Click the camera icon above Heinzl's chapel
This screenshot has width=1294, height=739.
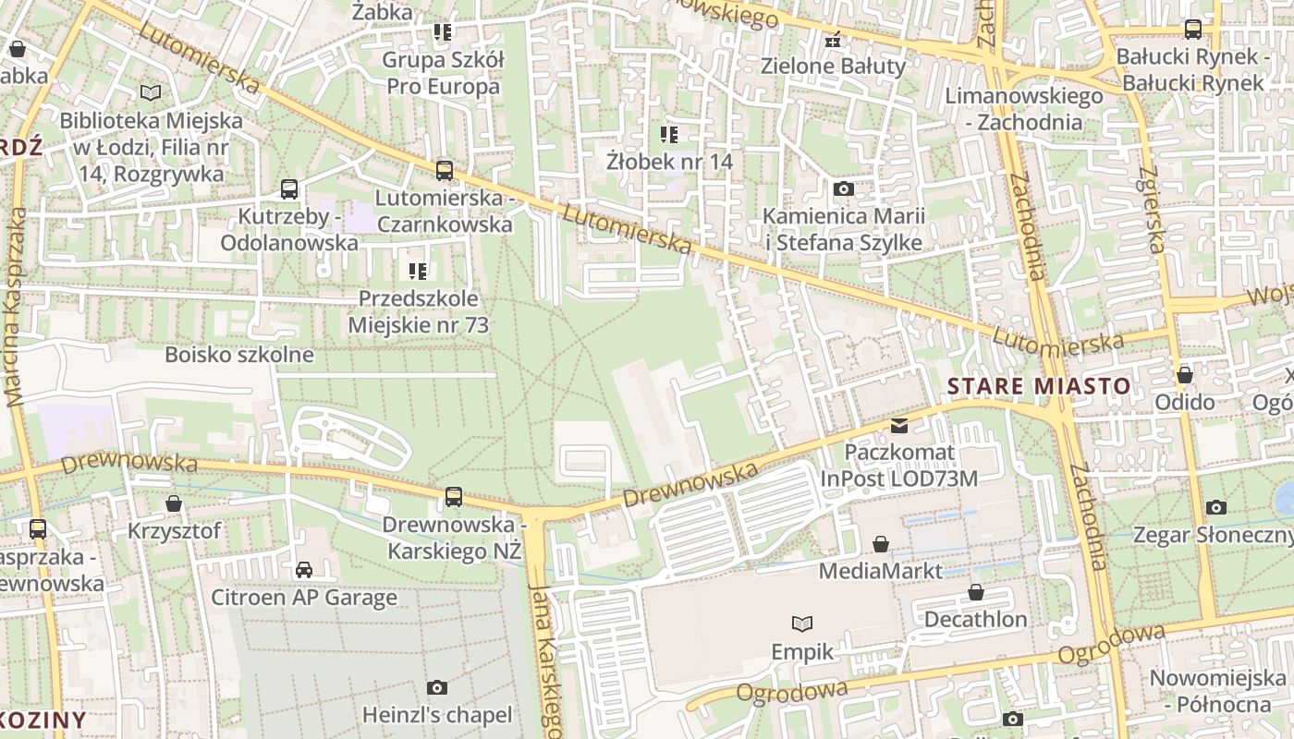click(x=437, y=687)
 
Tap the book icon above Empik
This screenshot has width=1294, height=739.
click(x=802, y=624)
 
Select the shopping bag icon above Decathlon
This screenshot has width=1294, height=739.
click(x=976, y=592)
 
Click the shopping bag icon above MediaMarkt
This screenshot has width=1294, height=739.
click(x=881, y=544)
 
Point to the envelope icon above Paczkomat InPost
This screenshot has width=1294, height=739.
click(x=898, y=426)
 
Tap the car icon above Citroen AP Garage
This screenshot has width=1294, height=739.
click(x=304, y=570)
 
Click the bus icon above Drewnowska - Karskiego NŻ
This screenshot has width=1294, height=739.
click(x=454, y=497)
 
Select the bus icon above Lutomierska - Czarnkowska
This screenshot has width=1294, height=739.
click(x=445, y=171)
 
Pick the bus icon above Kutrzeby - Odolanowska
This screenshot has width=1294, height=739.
click(x=289, y=189)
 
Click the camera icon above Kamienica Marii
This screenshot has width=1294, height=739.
click(x=843, y=189)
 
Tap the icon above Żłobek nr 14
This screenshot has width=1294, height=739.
click(x=669, y=135)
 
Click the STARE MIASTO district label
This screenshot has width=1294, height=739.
click(x=1040, y=386)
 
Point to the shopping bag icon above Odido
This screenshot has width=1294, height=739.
click(x=1184, y=375)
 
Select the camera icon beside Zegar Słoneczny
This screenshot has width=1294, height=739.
click(x=1216, y=507)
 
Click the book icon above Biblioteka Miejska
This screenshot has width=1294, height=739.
click(x=150, y=92)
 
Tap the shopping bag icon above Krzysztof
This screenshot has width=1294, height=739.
click(x=174, y=503)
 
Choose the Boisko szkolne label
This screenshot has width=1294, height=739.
click(x=239, y=355)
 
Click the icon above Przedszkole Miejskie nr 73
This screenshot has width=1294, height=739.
click(x=418, y=271)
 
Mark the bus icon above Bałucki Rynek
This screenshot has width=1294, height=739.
click(x=1192, y=30)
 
